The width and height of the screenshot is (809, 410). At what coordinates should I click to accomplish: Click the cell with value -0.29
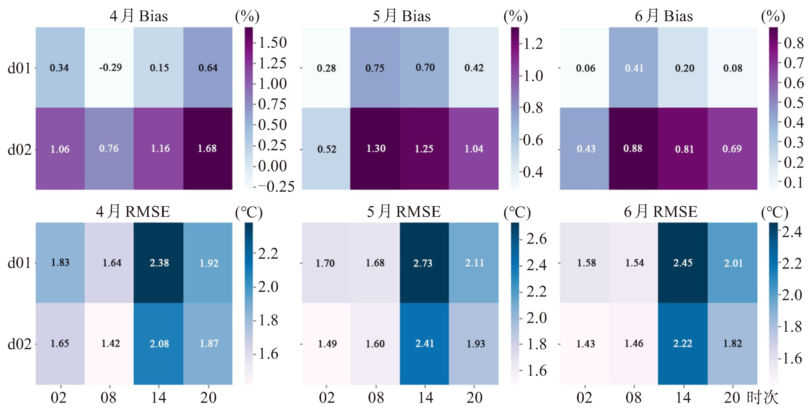pos(110,68)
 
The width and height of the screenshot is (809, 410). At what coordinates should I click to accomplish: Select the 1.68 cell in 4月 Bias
pos(207,149)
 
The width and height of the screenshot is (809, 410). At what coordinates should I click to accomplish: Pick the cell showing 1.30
pos(376,149)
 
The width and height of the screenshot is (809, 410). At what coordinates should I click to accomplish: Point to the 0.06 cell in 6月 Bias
pos(585,68)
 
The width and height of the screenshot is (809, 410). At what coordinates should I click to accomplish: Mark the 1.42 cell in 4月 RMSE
pos(110,343)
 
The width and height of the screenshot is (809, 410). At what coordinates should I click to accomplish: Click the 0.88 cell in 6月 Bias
pos(633,149)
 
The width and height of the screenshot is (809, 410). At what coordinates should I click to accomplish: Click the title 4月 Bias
pos(139,16)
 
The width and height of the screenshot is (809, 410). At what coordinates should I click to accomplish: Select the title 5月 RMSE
pos(404,212)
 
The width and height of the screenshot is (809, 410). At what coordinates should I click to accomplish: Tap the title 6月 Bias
pos(664,16)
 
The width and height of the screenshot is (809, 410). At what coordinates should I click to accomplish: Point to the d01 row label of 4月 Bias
pos(19,68)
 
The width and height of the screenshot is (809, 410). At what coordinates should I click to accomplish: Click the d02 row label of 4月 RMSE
pos(19,344)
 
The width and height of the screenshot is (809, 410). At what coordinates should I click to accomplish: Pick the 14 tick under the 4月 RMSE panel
pos(159,398)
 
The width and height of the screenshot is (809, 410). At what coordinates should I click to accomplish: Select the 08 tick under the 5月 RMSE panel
pos(376,398)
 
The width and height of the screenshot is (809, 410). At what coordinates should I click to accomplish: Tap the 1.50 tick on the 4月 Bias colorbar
pos(272,42)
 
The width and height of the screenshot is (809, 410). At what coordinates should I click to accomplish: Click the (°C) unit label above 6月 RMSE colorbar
pos(774,212)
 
